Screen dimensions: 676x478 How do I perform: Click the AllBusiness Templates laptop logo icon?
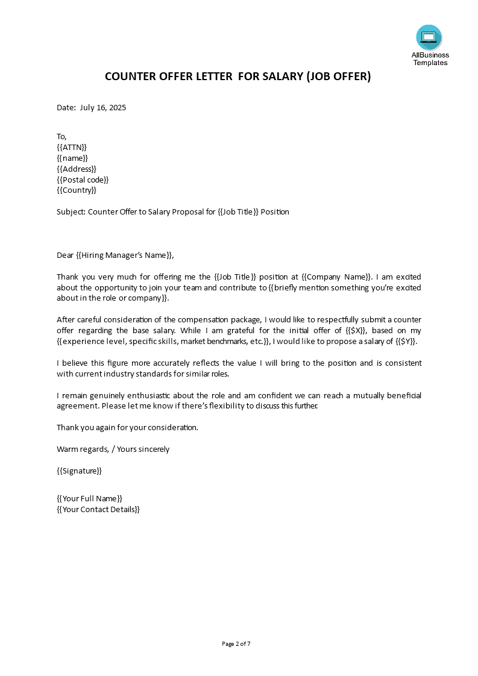[429, 37]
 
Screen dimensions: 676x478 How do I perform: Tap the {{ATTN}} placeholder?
[72, 147]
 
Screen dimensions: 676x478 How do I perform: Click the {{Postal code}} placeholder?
[83, 180]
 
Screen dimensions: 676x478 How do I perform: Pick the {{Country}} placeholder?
[77, 190]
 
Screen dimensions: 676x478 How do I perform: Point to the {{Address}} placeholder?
[77, 169]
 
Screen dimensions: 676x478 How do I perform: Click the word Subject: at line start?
[71, 212]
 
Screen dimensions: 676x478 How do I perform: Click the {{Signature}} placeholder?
[79, 471]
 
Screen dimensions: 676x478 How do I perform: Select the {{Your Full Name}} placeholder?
[89, 498]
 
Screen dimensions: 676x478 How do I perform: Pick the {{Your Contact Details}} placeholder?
[98, 509]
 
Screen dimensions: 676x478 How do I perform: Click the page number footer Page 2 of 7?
[236, 643]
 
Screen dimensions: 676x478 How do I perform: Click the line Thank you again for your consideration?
[127, 427]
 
